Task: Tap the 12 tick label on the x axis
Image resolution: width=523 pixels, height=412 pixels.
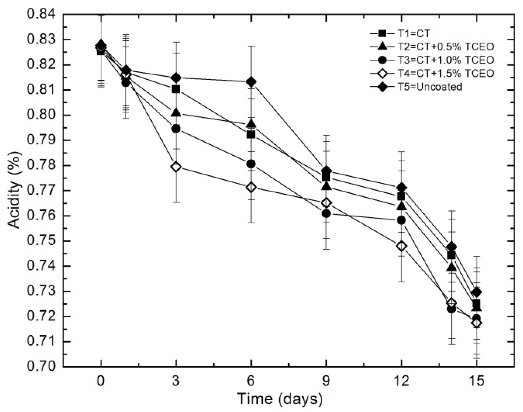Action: pyautogui.click(x=401, y=381)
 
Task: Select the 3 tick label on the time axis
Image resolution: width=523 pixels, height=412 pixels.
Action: pyautogui.click(x=176, y=381)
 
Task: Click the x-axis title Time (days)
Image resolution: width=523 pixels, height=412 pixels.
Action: pyautogui.click(x=280, y=399)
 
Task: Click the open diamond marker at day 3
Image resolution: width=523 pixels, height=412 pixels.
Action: pyautogui.click(x=176, y=167)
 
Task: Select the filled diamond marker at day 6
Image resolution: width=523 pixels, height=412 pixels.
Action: pyautogui.click(x=251, y=82)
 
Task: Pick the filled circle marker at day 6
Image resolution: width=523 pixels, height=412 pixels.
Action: pyautogui.click(x=251, y=164)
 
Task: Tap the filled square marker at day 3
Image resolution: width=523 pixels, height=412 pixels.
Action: pyautogui.click(x=176, y=90)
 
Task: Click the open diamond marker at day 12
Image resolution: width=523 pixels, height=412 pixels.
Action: pyautogui.click(x=401, y=246)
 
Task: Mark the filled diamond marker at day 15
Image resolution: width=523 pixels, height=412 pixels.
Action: pyautogui.click(x=477, y=292)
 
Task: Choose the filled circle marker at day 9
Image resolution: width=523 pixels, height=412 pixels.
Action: pyautogui.click(x=326, y=213)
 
